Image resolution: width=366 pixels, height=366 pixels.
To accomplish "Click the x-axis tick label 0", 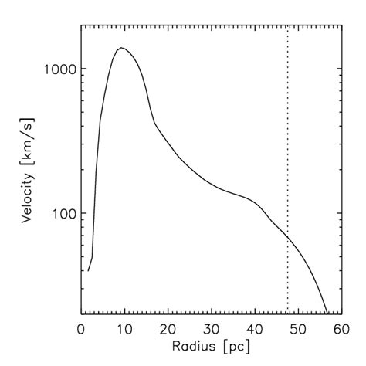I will pos(82,327).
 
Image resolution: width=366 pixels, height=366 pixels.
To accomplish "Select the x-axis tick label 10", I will pos(123,327).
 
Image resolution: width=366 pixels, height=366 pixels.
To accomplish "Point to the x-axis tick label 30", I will pos(211,327).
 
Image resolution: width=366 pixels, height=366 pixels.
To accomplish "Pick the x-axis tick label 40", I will pos(254,327).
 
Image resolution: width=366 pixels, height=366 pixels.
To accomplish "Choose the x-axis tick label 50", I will pos(298,327).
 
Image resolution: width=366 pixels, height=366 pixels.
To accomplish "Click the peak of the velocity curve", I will pos(120,48).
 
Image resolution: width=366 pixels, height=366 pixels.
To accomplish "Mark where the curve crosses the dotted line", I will pos(288,236).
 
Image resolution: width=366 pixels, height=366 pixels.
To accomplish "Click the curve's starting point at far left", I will pos(88,270).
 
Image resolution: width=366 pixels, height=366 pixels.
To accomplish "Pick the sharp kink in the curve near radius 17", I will pos(154,123).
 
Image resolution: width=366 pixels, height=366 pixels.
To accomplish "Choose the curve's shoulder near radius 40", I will pos(253,200).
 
